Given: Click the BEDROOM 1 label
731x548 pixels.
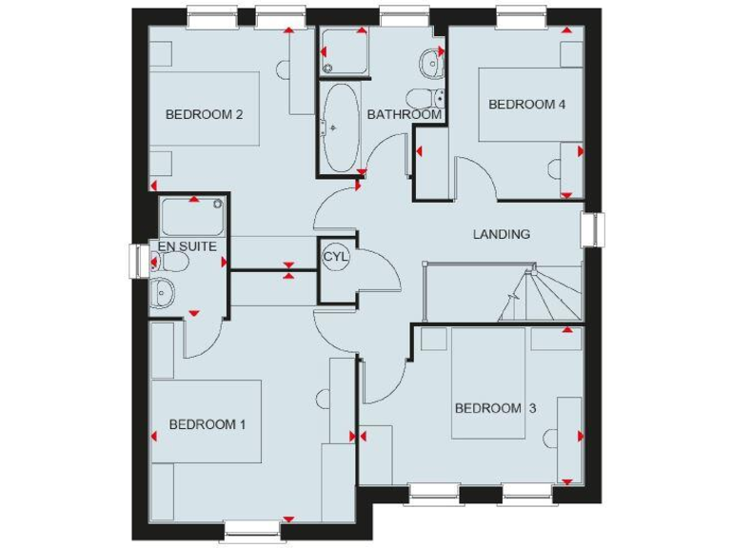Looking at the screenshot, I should (x=207, y=424).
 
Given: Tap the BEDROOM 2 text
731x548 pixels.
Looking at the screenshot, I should (x=205, y=114).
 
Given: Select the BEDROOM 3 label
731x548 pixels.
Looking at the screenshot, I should (x=495, y=408).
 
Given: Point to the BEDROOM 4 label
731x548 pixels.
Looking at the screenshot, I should (x=527, y=105).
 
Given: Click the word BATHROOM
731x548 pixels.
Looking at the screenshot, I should (x=404, y=114).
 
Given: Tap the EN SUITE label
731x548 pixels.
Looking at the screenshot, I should (x=188, y=246).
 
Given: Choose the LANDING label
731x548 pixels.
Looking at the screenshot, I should (x=502, y=234).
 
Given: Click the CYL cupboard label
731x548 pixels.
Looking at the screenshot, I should (x=336, y=257).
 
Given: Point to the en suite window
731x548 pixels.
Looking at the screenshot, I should (x=140, y=262).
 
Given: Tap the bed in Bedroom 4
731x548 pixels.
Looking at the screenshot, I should (x=530, y=105).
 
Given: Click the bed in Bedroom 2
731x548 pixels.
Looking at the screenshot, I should (x=205, y=108).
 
